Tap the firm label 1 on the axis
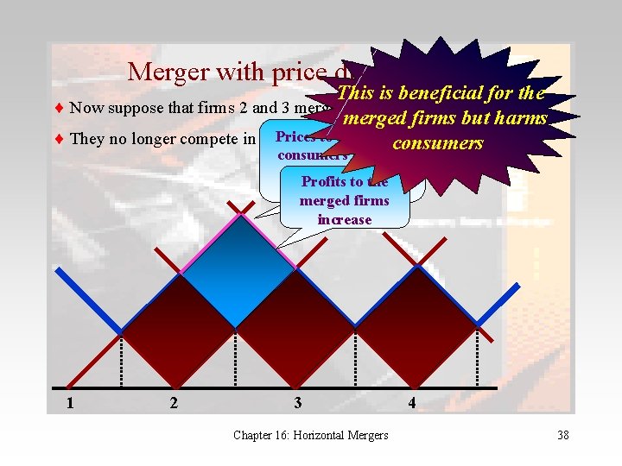70,404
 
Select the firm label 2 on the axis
175,404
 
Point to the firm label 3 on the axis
297,404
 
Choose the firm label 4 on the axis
412,404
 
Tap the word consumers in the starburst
438,142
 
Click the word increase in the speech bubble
345,219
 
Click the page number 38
562,435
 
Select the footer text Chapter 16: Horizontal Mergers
311,435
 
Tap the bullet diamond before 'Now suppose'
59,109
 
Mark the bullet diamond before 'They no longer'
59,139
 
